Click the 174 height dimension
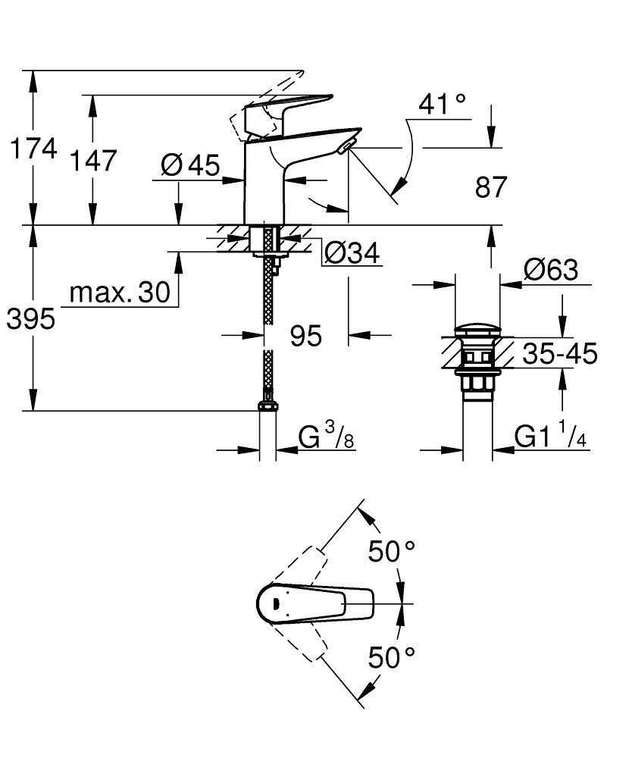[33, 149]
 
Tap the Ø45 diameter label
[190, 164]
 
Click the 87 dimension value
[490, 187]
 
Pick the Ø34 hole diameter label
[351, 253]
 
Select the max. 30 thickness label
[120, 293]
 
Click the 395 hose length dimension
[31, 320]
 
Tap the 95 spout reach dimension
[306, 334]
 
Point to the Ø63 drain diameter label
[551, 270]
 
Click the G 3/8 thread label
[327, 437]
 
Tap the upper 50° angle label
[391, 551]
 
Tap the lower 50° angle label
[391, 656]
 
